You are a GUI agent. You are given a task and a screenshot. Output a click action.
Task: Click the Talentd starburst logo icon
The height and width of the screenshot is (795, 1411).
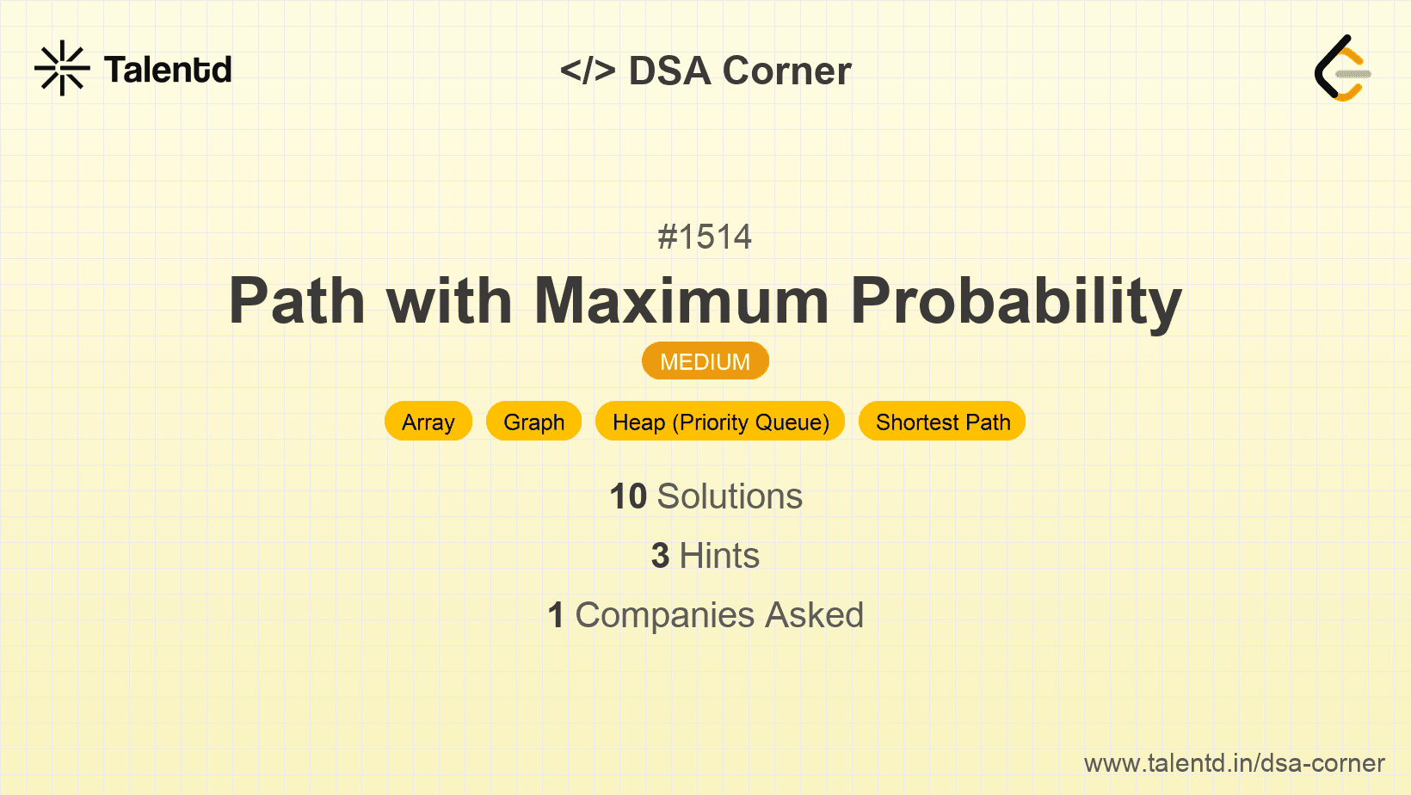62,68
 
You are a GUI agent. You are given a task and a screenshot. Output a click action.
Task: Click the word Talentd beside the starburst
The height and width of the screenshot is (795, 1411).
168,70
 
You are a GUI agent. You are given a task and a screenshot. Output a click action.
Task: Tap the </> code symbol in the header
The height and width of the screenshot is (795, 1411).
588,70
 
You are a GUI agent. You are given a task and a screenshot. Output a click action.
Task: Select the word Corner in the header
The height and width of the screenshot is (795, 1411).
786,71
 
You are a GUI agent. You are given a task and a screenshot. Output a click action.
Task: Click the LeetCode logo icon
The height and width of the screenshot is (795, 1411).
1342,68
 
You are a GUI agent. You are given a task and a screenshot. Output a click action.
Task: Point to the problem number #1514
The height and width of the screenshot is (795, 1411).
705,237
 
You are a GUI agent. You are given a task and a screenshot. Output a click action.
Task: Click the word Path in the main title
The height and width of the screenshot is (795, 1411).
297,300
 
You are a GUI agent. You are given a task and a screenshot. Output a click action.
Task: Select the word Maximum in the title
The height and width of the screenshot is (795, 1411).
681,300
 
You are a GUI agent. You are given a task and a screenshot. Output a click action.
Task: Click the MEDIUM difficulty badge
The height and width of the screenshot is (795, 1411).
705,361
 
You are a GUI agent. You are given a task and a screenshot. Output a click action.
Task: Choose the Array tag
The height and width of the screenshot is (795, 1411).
428,422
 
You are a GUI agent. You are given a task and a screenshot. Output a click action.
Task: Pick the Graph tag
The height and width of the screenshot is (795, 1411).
533,422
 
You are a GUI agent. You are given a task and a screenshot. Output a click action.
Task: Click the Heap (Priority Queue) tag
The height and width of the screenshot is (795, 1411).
720,422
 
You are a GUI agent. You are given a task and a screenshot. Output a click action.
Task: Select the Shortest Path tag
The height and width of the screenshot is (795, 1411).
942,422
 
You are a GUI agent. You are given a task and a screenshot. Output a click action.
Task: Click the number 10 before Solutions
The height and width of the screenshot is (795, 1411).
628,496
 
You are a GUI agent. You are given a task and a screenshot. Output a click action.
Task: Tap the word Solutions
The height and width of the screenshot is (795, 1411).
730,496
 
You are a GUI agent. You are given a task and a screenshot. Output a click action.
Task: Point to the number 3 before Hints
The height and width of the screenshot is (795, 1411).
660,556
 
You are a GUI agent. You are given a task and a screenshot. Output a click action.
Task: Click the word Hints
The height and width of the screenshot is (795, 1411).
719,556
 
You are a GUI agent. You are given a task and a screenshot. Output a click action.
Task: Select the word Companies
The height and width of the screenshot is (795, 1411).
665,615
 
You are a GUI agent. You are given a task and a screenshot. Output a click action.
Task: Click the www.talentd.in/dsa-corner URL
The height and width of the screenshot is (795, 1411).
1235,763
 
